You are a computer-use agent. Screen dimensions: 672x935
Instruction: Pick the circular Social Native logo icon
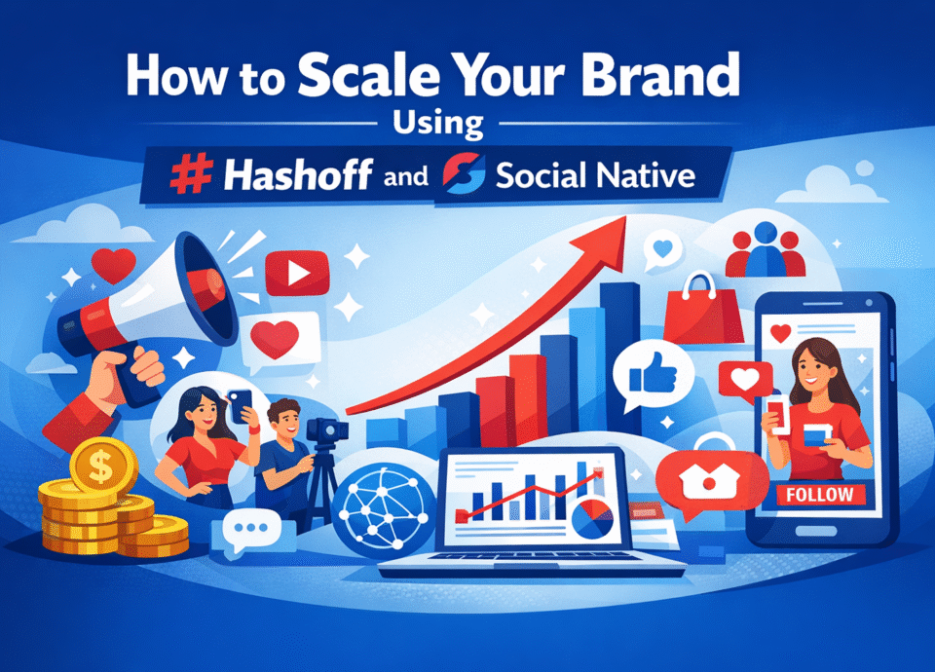click(x=464, y=175)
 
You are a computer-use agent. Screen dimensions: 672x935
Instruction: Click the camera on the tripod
click(x=321, y=429)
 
